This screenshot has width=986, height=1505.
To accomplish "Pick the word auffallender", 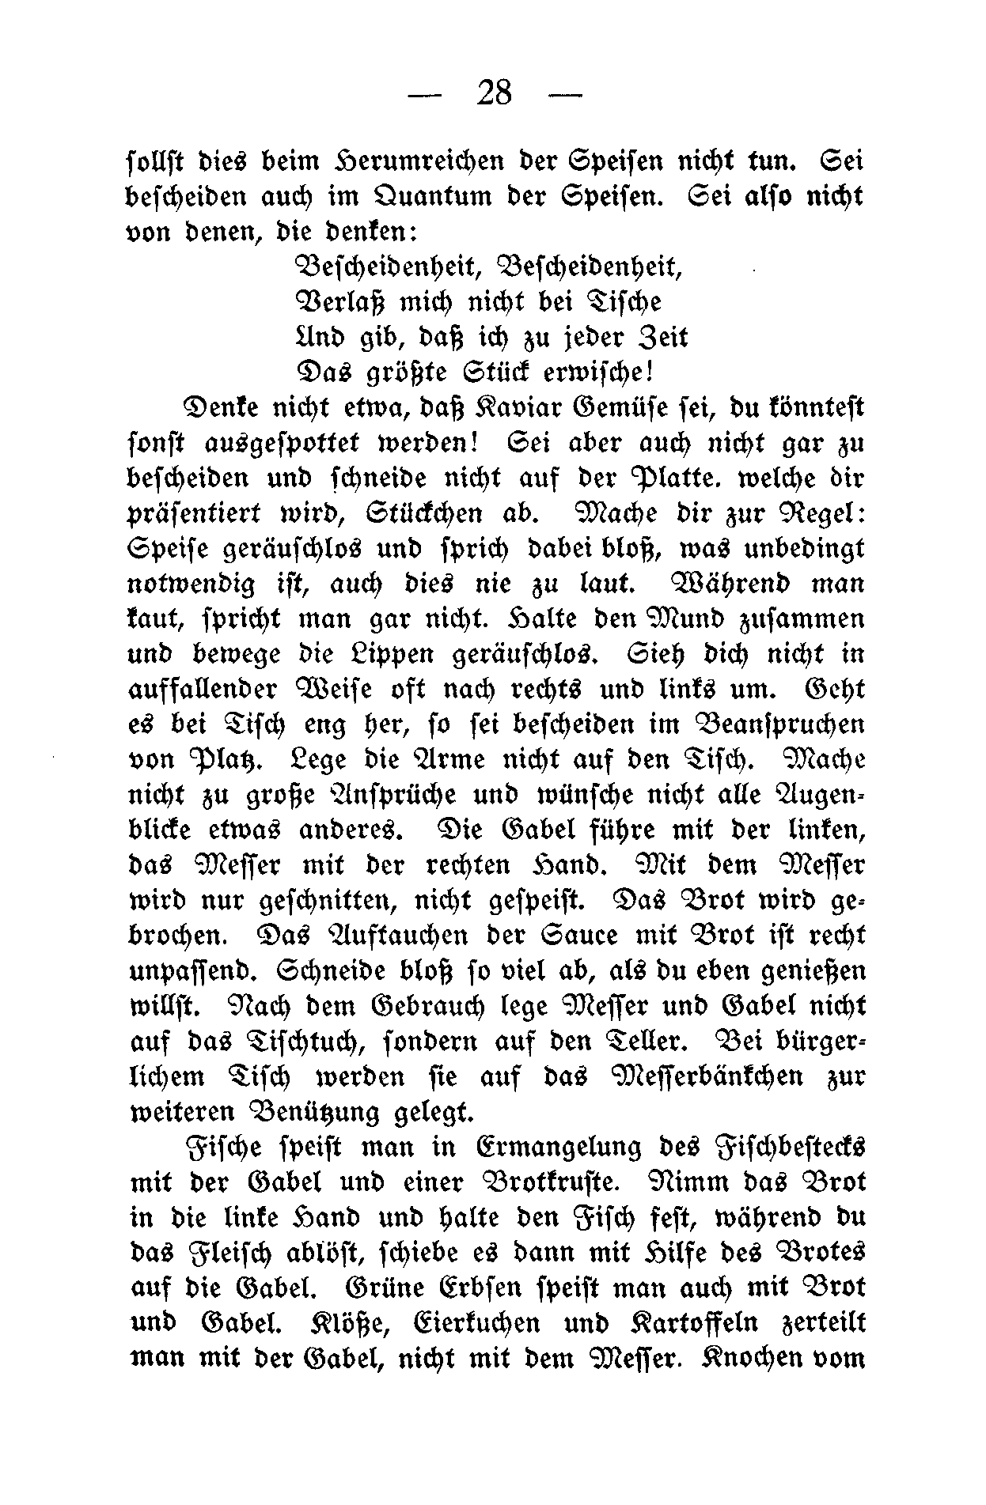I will point(203,689).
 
